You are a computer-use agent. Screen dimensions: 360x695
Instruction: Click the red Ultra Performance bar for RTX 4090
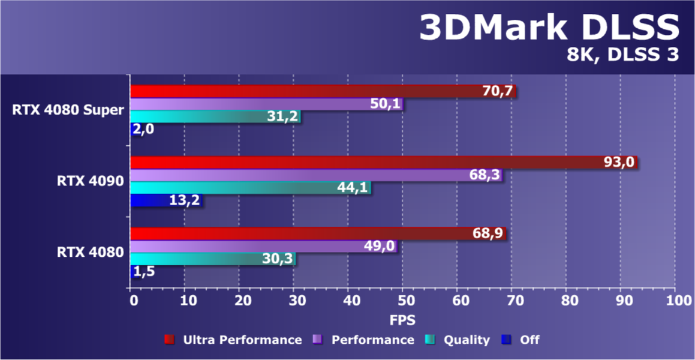tap(360, 163)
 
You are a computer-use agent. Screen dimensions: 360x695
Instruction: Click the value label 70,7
tap(497, 92)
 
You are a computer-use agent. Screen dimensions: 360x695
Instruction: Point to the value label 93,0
tap(619, 163)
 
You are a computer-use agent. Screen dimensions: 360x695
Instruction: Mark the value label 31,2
tap(282, 117)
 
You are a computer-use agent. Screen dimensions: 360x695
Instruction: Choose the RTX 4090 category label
tap(91, 182)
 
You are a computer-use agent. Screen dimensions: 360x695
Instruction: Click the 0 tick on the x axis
tap(133, 300)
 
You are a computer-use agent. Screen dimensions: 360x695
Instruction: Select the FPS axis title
tap(402, 319)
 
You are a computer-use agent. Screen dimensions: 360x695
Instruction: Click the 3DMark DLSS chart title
tap(549, 28)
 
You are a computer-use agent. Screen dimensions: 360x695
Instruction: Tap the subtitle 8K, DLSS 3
tap(623, 55)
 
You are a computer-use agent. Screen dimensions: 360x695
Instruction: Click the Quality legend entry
tap(466, 340)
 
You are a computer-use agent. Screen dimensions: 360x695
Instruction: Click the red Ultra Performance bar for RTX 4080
tap(318, 233)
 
